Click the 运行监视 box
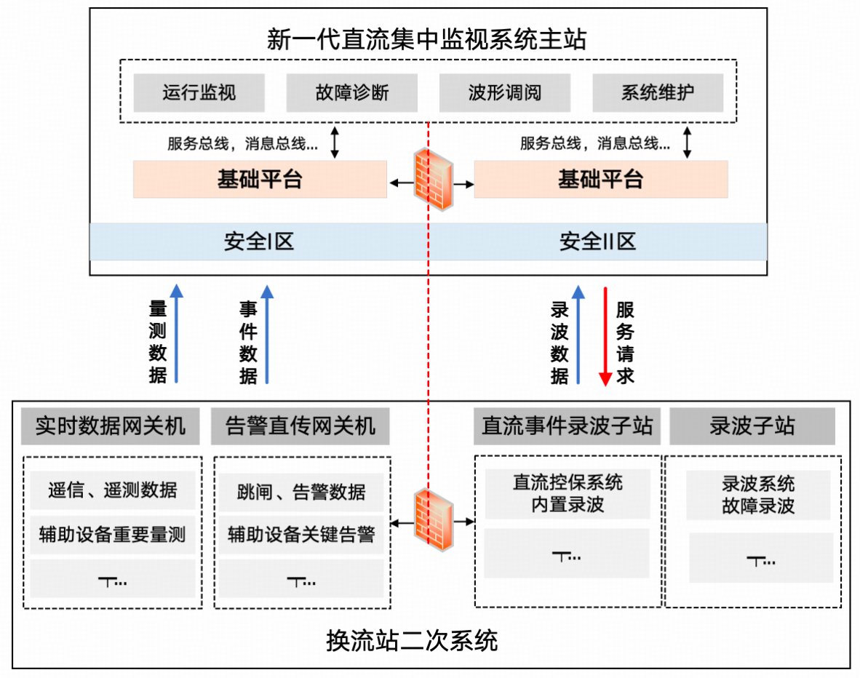[x=199, y=93]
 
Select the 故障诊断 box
[x=352, y=93]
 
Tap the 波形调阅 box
[x=505, y=93]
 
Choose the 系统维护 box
[x=658, y=93]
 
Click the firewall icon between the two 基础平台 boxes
[x=434, y=180]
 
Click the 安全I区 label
[x=259, y=242]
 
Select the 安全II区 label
[x=597, y=242]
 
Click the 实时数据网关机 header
[x=103, y=426]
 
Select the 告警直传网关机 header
[x=300, y=426]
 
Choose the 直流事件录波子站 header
[x=567, y=426]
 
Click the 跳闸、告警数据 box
[x=301, y=492]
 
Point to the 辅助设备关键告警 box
[x=301, y=535]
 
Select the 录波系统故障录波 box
[x=758, y=495]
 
